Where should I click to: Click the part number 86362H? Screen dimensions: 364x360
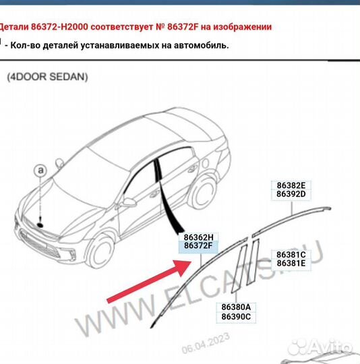pos(198,237)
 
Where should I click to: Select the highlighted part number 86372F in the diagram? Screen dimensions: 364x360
pos(198,247)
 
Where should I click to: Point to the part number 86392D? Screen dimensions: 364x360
pos(291,194)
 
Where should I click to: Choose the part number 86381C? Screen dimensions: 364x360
pos(291,254)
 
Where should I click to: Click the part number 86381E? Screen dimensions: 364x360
pos(291,264)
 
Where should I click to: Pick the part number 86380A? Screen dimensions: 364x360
pos(235,306)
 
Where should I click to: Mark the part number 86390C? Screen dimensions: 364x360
pos(235,316)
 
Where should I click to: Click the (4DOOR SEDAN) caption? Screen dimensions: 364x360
pos(47,77)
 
